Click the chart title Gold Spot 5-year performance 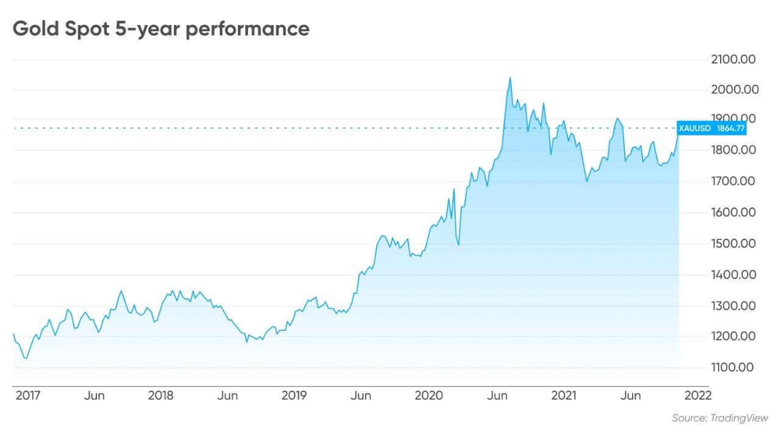[x=161, y=29]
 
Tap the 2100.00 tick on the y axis [x=733, y=59]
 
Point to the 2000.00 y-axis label [x=733, y=90]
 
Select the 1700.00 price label [x=733, y=181]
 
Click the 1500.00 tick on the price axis [x=733, y=244]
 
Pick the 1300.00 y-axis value [x=733, y=306]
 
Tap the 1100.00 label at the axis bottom [x=733, y=367]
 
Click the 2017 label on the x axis [x=27, y=395]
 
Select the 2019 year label [x=293, y=395]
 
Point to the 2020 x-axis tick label [x=429, y=395]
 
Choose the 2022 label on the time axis [x=698, y=395]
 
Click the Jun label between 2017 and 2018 [x=95, y=395]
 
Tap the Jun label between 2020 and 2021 [x=497, y=395]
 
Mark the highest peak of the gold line [x=510, y=78]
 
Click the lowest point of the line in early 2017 [x=25, y=358]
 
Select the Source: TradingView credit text [x=720, y=418]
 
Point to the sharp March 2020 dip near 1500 [x=458, y=245]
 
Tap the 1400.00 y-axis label [x=733, y=275]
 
